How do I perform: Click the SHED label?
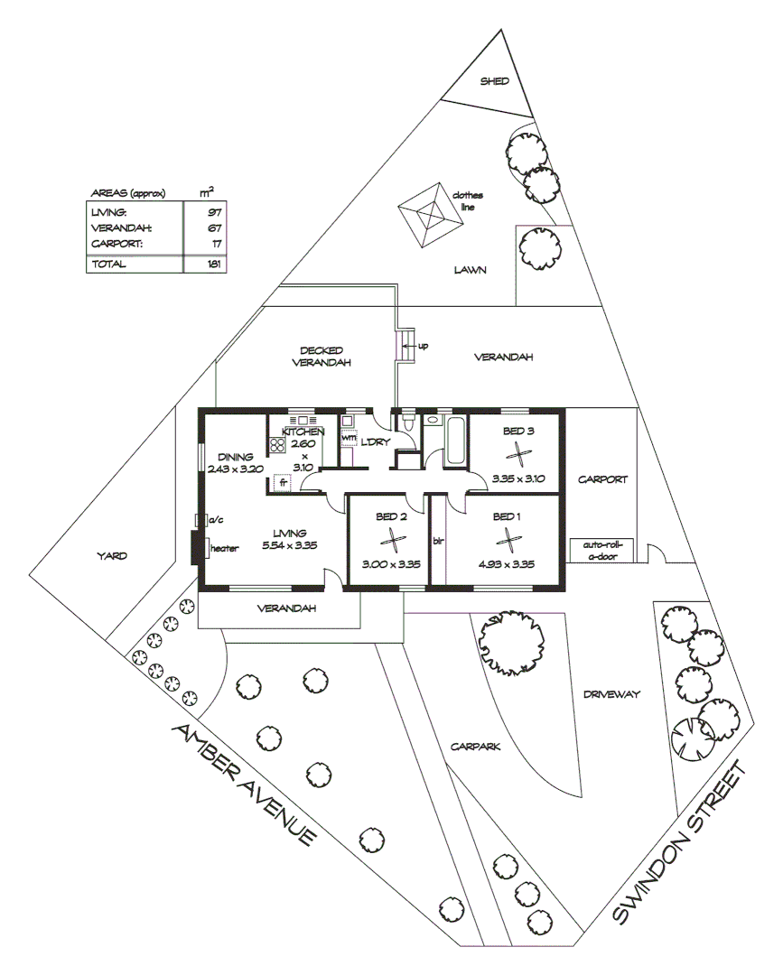pos(494,81)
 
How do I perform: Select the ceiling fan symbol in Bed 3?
pos(518,453)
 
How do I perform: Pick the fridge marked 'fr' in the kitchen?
pos(282,483)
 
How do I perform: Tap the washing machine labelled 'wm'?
pos(349,439)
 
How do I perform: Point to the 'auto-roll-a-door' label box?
pos(602,550)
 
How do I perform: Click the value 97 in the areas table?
pos(214,211)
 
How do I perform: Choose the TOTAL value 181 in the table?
pos(214,264)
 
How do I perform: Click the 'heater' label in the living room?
pos(224,548)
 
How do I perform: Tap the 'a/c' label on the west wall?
pos(216,520)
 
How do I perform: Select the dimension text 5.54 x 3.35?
pos(290,546)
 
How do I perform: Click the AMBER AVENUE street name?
pos(244,785)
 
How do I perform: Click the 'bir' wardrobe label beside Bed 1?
pos(439,541)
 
